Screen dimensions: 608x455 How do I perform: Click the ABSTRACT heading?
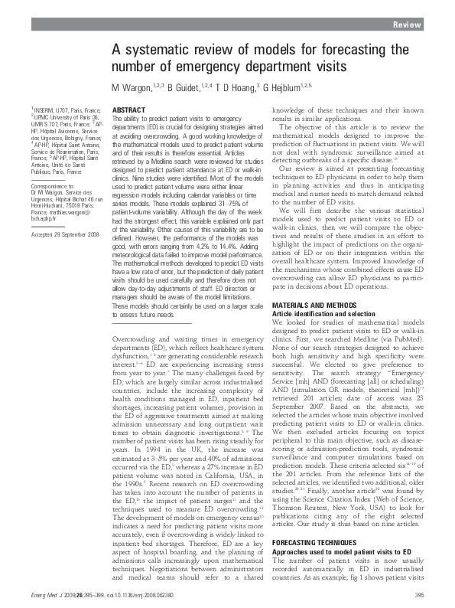[x=129, y=111]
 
